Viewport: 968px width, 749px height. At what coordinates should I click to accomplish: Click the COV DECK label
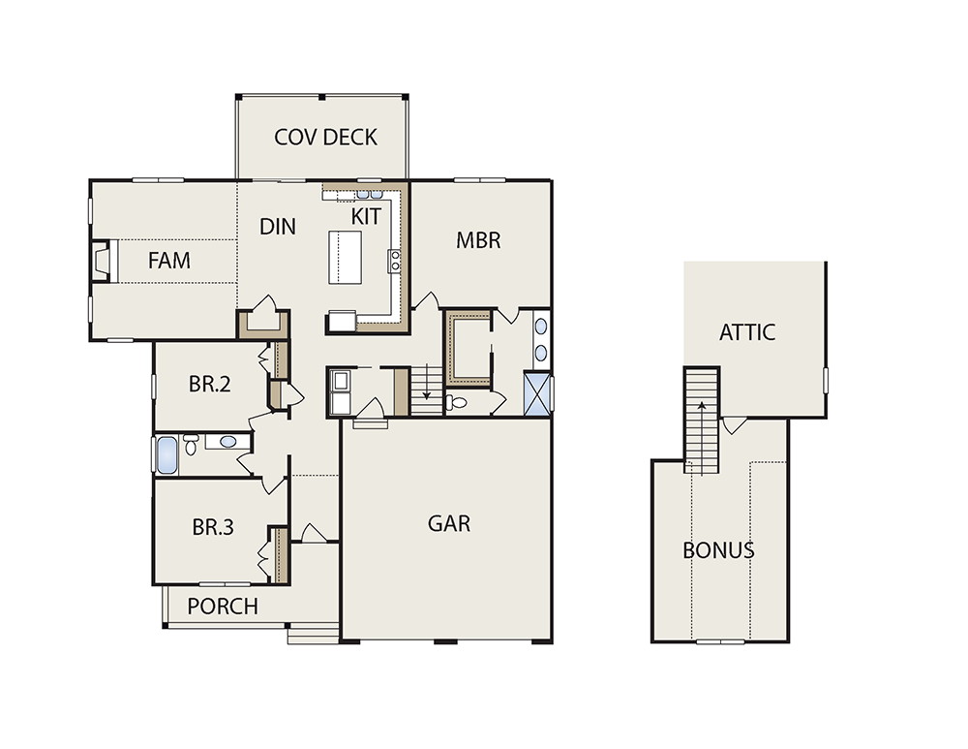325,138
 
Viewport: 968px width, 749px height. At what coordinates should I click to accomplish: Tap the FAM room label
169,261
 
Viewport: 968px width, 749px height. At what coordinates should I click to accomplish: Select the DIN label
278,227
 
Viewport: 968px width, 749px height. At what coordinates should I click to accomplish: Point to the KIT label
366,217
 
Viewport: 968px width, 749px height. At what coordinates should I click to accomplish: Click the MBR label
478,240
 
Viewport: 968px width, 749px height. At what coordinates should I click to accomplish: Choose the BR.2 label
210,385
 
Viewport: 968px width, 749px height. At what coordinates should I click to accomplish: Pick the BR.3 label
213,527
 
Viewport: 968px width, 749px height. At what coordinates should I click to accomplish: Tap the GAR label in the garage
449,523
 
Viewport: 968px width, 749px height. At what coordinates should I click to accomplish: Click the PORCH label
223,607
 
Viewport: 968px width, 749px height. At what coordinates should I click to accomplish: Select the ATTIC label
747,332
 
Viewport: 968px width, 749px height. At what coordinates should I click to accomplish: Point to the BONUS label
718,550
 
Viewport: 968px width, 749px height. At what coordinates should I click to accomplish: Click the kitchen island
346,258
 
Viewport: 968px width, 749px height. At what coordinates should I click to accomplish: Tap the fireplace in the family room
102,262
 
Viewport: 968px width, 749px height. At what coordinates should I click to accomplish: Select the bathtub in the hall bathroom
166,454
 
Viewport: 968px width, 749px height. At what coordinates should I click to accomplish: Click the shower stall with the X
536,393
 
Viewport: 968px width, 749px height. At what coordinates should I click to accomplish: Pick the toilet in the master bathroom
456,403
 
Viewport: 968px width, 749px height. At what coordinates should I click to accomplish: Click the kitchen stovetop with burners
395,261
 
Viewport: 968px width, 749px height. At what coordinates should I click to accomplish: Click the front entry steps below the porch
314,634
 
